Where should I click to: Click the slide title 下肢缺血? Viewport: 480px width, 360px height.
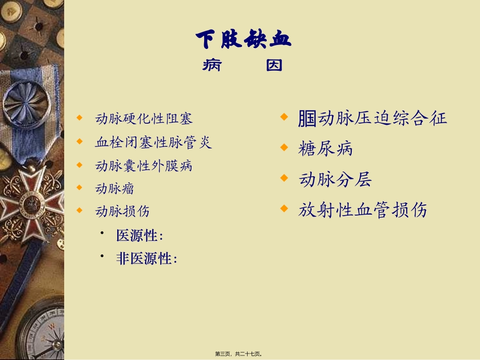[244, 39]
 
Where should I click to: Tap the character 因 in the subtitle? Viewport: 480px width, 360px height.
[274, 65]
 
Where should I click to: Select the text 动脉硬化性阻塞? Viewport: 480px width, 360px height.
[144, 119]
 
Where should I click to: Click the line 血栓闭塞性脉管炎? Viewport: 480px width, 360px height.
[153, 142]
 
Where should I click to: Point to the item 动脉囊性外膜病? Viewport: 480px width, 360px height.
[144, 166]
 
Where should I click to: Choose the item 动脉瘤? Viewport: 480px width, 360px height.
[115, 189]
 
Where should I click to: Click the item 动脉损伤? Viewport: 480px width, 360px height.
[122, 211]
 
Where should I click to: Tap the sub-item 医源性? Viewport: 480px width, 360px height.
[139, 236]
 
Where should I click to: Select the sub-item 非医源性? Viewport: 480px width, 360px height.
[147, 259]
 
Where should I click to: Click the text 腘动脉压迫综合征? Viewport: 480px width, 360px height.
[373, 119]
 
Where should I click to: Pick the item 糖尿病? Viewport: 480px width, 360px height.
[325, 149]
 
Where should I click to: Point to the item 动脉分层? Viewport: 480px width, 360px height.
[335, 179]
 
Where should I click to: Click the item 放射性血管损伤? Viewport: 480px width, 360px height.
[362, 210]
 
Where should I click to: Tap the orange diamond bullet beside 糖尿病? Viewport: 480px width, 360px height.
[284, 147]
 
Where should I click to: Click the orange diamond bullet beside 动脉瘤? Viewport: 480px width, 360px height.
[79, 187]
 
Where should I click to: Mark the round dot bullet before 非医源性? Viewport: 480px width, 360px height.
[102, 257]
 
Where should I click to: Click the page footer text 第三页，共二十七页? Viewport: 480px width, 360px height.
[240, 354]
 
